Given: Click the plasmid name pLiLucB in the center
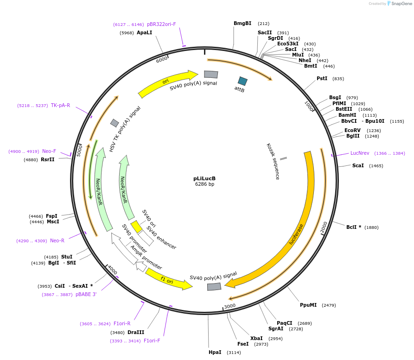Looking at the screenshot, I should pyautogui.click(x=204, y=178).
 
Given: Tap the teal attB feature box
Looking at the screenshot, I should pyautogui.click(x=242, y=81).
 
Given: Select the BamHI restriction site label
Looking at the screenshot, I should pyautogui.click(x=347, y=115).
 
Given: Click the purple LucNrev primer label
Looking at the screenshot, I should pyautogui.click(x=360, y=153).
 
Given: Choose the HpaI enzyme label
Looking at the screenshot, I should pyautogui.click(x=215, y=353).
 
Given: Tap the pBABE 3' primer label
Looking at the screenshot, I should pyautogui.click(x=86, y=295).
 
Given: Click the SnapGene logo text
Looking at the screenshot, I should pyautogui.click(x=401, y=4).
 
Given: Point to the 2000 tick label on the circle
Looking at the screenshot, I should pyautogui.click(x=324, y=227).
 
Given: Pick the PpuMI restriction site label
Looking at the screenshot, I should pyautogui.click(x=308, y=305).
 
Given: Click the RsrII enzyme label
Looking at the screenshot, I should pyautogui.click(x=48, y=160).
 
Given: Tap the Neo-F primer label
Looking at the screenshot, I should pyautogui.click(x=49, y=152).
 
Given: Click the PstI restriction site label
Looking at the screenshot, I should pyautogui.click(x=322, y=78).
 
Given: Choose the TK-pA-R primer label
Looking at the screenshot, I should pyautogui.click(x=60, y=106).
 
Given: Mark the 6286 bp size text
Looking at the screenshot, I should pyautogui.click(x=204, y=184).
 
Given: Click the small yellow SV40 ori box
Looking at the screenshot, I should pyautogui.click(x=136, y=226).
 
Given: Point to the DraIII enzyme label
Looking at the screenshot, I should pyautogui.click(x=136, y=332).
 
